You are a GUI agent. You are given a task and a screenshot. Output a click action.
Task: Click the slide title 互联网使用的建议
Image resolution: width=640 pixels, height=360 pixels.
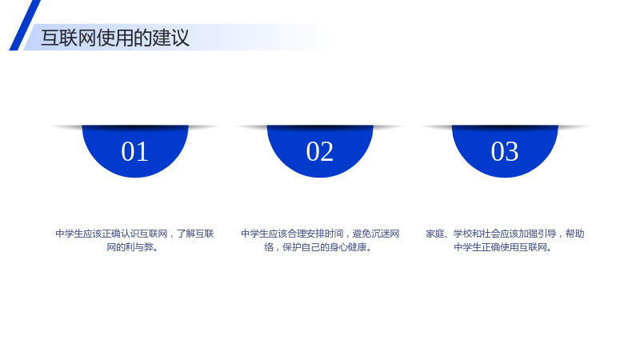(115, 38)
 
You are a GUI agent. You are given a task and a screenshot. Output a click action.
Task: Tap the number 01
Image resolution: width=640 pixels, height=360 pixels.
(134, 151)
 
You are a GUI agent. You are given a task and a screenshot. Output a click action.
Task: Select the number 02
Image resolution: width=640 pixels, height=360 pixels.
(319, 151)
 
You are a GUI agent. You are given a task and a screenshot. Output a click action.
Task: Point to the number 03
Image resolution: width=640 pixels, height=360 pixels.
(505, 151)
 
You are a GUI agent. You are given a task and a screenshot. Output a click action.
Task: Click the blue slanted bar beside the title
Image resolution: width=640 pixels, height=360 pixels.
(25, 26)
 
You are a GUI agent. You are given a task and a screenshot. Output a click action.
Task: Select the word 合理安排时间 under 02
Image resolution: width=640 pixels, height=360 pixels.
(315, 234)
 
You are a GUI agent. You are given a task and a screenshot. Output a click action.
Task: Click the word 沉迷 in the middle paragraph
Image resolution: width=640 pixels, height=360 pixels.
(381, 234)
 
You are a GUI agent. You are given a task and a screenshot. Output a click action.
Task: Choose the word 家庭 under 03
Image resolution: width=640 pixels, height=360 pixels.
(434, 234)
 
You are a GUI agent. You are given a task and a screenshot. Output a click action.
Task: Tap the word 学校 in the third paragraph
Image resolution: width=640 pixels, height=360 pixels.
(462, 234)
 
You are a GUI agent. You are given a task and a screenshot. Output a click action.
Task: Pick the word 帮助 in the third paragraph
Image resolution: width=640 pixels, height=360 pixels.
(574, 234)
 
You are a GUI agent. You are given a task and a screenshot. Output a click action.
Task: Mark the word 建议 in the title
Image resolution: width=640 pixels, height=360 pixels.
(171, 38)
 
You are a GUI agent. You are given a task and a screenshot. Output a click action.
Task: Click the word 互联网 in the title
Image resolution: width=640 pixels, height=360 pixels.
(69, 38)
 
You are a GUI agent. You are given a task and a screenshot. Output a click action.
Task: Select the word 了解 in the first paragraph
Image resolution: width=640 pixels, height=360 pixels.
(186, 234)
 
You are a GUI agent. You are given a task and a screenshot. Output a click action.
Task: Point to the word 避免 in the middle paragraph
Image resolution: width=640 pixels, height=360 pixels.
(362, 234)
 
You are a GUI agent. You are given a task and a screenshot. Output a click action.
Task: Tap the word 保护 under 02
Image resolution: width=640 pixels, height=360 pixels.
(292, 247)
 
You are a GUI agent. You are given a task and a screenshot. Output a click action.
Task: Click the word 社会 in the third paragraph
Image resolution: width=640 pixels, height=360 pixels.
(490, 234)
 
